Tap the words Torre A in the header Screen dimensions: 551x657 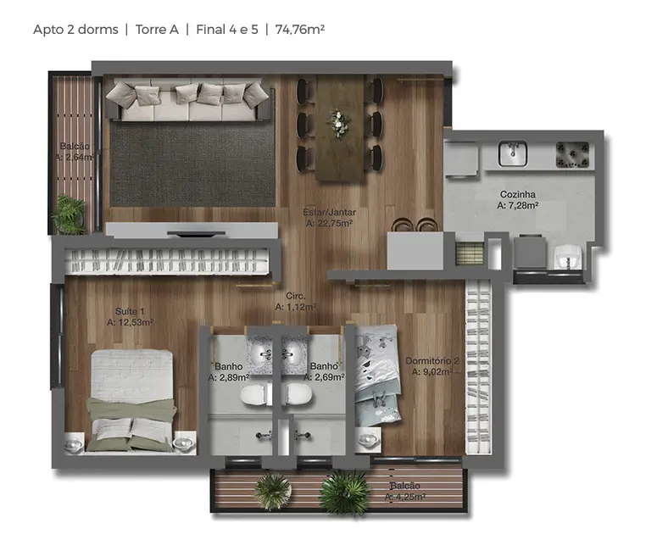click(x=156, y=29)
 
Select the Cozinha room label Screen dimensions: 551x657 click(x=516, y=194)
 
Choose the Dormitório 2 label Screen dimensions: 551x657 click(x=432, y=359)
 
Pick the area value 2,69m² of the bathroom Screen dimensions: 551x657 click(x=326, y=378)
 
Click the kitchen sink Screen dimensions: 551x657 click(x=511, y=153)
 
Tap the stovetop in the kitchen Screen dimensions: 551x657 click(x=572, y=153)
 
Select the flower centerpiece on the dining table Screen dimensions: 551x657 click(x=339, y=124)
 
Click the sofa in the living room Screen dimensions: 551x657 click(x=189, y=101)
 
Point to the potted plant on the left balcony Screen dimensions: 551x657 click(x=70, y=213)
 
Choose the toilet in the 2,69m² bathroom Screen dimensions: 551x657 click(x=298, y=394)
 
